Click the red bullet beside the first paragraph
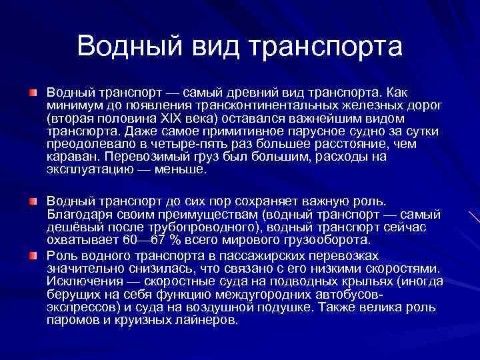[32, 89]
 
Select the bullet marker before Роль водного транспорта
[32, 256]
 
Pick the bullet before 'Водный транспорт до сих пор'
[32, 201]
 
